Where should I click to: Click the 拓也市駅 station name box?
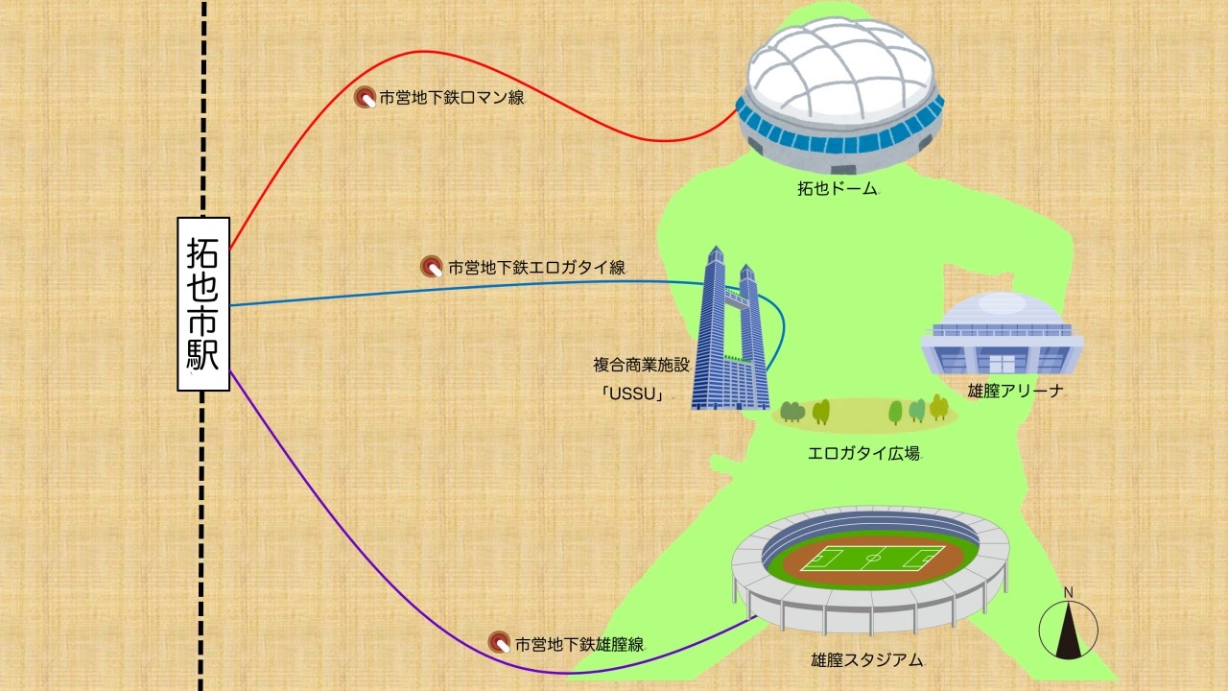click(x=203, y=304)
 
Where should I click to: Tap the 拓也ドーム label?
click(x=838, y=189)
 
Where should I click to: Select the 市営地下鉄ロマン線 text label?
click(x=452, y=97)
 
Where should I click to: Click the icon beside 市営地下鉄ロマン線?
click(x=366, y=97)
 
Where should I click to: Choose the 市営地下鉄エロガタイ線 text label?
click(x=536, y=268)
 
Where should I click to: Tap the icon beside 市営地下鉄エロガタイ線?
click(x=432, y=268)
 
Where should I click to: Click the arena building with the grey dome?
click(x=1002, y=336)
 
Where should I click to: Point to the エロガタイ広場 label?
click(x=863, y=453)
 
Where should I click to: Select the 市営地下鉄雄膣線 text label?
click(x=579, y=644)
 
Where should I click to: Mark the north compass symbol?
click(x=1069, y=629)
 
